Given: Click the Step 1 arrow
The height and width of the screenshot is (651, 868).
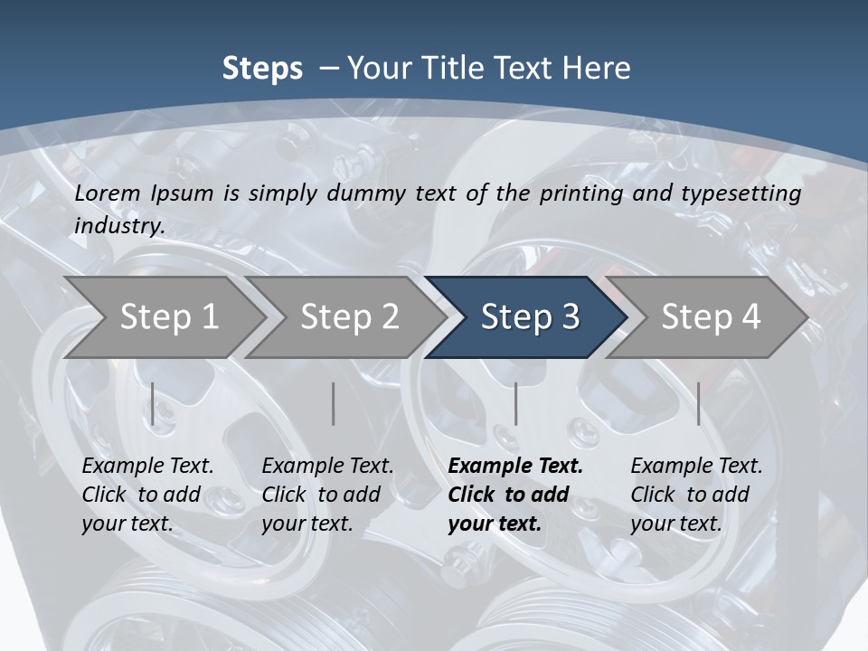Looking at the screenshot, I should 168,317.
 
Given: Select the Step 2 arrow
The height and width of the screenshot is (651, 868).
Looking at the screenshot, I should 349,317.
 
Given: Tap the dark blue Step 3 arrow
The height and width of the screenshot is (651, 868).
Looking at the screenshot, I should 529,317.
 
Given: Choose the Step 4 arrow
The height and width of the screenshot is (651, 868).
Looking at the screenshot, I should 711,317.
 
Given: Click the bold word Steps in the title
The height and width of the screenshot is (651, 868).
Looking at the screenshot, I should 262,69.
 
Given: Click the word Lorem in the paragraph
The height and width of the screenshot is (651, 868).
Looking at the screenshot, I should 107,193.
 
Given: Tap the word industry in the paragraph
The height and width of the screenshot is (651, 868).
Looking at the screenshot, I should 118,225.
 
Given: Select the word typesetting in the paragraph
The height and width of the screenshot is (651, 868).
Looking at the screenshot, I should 749,193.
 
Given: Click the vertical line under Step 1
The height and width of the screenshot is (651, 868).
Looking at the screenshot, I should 153,403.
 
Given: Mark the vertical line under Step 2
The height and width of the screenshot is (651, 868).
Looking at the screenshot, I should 334,403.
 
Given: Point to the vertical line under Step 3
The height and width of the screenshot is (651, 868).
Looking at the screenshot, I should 515,403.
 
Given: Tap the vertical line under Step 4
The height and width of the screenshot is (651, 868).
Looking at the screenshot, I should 698,403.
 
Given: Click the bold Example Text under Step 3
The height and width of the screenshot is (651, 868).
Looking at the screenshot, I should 515,467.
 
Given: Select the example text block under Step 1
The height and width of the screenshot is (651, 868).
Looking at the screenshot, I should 147,495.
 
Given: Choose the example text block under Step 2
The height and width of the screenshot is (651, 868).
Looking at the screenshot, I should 327,495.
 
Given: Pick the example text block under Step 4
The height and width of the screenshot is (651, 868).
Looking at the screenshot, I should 696,495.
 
